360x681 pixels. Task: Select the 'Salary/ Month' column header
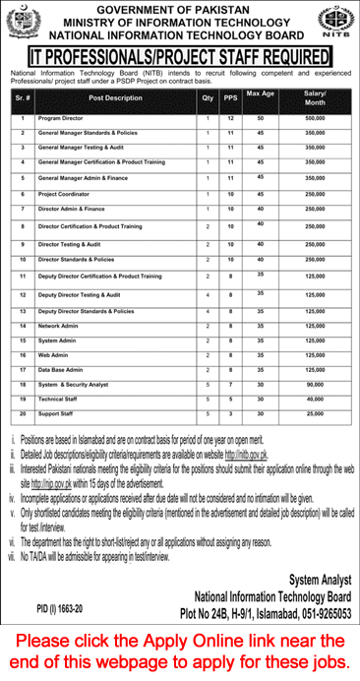tap(315, 99)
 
